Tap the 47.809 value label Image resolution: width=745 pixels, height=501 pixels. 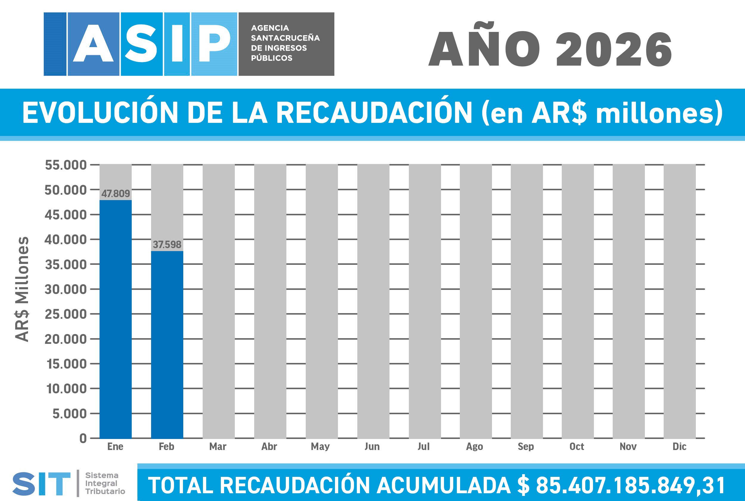(x=116, y=194)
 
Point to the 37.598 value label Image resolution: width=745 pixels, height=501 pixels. (x=167, y=245)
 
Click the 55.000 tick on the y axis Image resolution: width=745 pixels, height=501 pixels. (x=66, y=165)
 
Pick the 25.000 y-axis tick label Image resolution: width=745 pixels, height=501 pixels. (x=66, y=314)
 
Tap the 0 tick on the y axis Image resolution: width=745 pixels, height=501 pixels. (x=83, y=438)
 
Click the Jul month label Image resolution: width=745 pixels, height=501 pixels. (x=423, y=446)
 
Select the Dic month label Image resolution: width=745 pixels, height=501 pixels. (x=679, y=446)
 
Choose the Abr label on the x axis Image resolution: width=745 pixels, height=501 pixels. (x=269, y=446)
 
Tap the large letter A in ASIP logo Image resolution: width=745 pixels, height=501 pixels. (x=93, y=44)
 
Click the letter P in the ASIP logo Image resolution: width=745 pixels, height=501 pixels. (x=214, y=44)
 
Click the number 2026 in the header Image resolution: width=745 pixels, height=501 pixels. (x=614, y=50)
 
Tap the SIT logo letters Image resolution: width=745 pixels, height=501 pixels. (x=41, y=484)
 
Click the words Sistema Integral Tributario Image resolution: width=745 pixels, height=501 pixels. (x=105, y=483)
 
